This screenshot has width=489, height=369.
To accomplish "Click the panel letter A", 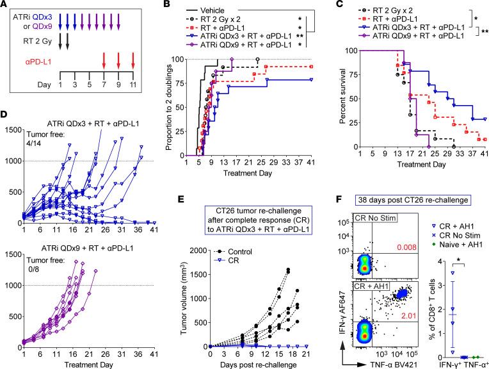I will [x=5, y=6].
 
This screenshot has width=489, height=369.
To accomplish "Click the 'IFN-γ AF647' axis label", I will [x=334, y=318].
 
